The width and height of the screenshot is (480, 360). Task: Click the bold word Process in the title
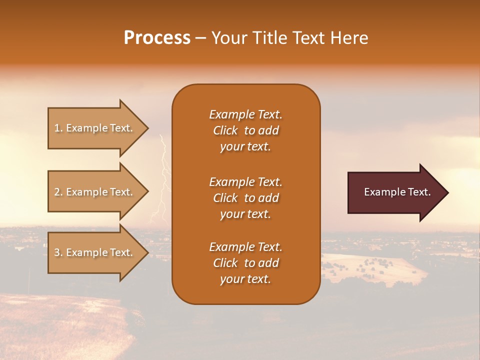tap(157, 38)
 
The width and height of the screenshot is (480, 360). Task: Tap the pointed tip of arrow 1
tap(146, 128)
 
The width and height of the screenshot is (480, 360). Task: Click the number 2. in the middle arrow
tap(58, 192)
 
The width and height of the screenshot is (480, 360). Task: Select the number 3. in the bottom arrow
tap(58, 252)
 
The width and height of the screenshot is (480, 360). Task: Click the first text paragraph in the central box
tap(245, 130)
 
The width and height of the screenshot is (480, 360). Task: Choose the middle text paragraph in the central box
tap(245, 198)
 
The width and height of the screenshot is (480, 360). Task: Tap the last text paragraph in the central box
tap(245, 263)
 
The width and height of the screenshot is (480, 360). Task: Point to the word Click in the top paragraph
tap(225, 130)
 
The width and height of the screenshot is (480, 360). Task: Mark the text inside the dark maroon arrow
tap(397, 192)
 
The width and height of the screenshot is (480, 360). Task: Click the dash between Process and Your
tap(201, 38)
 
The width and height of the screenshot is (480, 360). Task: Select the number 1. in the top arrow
tap(58, 128)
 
